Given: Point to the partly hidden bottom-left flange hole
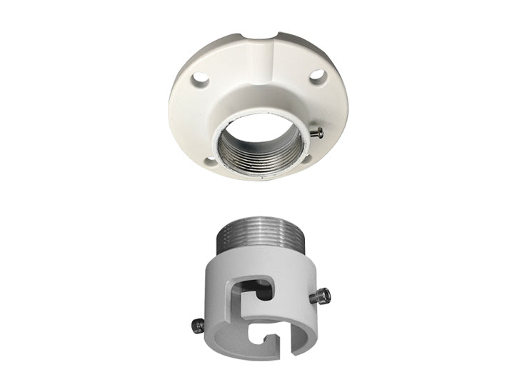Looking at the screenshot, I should [209, 159].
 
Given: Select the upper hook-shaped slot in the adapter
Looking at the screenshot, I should [254, 288].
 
